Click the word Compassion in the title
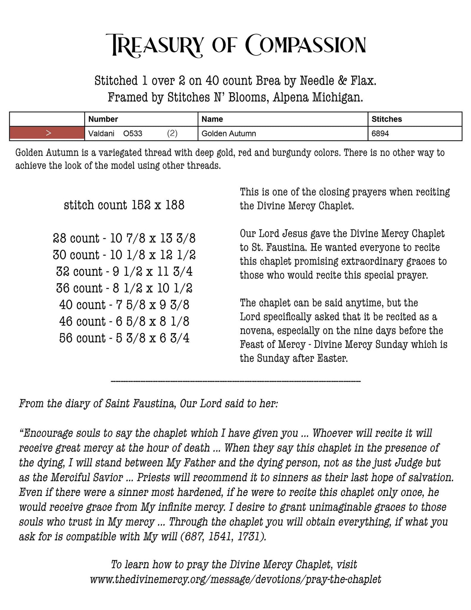(305, 45)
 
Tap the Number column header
(103, 119)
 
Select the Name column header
(212, 119)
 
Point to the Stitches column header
(387, 119)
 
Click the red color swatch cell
(47, 133)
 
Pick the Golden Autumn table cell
(229, 133)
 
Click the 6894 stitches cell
(380, 133)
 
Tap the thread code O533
(133, 133)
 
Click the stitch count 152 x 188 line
(124, 205)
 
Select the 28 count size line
(124, 238)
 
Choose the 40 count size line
(124, 305)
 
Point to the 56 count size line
(124, 338)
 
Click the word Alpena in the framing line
(290, 97)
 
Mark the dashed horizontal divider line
(235, 381)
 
